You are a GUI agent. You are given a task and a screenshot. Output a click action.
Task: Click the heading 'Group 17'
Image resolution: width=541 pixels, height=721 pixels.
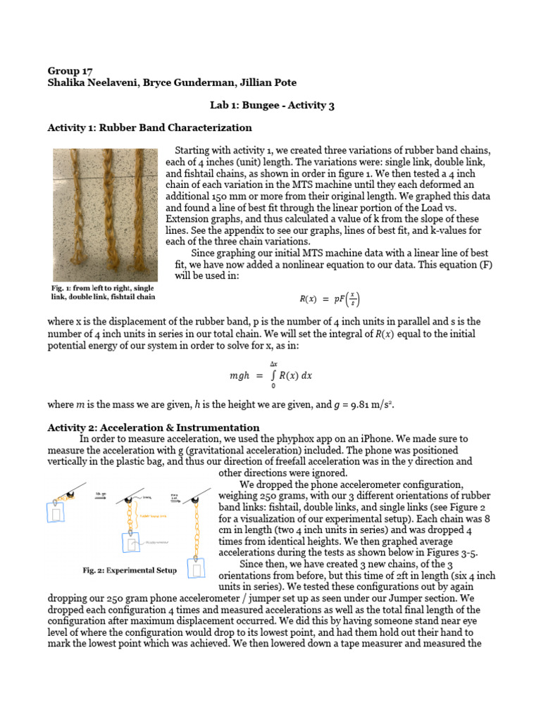69,70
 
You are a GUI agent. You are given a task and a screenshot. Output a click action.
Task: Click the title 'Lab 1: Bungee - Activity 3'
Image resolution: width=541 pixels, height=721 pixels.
271,106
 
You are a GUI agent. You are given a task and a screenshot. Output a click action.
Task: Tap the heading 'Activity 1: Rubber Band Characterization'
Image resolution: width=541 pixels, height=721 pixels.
149,128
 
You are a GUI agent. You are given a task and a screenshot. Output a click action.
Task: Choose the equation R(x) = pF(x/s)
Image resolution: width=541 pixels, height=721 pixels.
329,299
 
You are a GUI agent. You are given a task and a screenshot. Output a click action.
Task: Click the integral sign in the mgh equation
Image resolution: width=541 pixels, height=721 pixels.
273,375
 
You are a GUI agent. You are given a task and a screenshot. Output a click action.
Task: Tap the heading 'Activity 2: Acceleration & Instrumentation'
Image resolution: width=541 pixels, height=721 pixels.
153,427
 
